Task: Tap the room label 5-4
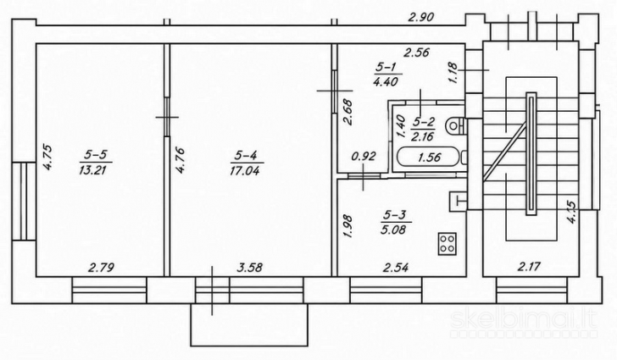click(246, 156)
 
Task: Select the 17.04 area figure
click(246, 170)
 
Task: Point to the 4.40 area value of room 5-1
click(386, 81)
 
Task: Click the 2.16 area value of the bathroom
click(422, 136)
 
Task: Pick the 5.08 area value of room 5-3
click(393, 229)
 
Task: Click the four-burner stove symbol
click(447, 244)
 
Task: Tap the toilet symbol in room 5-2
click(455, 126)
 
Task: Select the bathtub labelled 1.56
click(429, 158)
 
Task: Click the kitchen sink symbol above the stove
click(458, 201)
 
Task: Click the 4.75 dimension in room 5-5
click(47, 158)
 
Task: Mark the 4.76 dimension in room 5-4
click(181, 160)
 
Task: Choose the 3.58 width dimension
click(249, 268)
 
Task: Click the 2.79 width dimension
click(101, 268)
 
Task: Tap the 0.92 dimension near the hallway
click(364, 157)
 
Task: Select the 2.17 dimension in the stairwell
click(529, 267)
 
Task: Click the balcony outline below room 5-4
click(249, 346)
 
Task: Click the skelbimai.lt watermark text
click(524, 320)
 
